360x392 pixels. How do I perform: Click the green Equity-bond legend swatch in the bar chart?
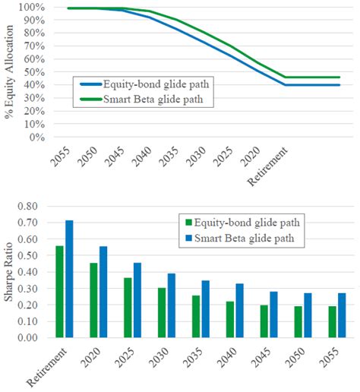click(x=187, y=222)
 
